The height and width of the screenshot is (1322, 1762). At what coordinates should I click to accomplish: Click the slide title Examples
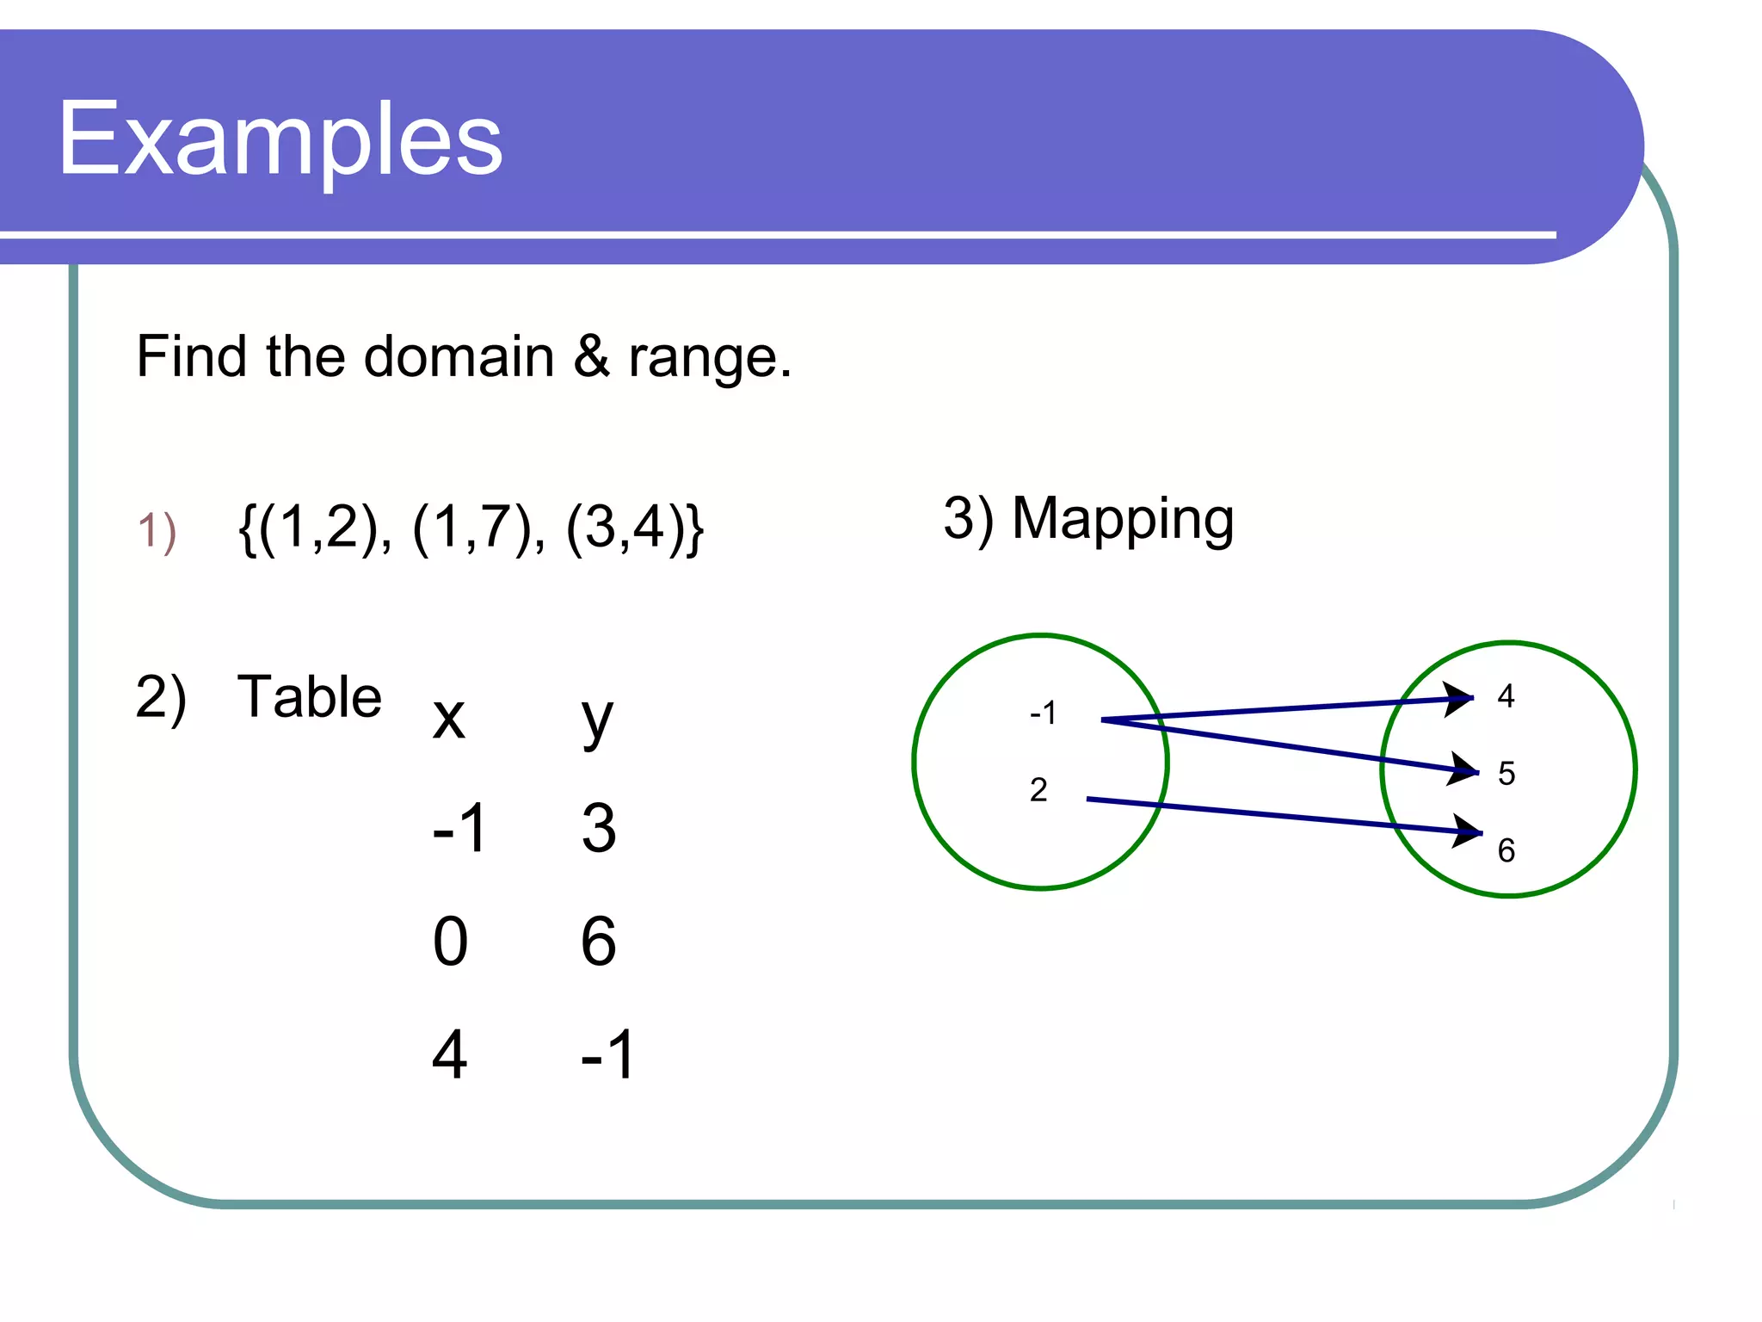280,139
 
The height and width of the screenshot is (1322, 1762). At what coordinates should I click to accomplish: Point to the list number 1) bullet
157,530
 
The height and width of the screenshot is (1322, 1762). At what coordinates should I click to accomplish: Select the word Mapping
1123,521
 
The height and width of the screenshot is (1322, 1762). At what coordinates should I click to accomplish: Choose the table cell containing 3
599,828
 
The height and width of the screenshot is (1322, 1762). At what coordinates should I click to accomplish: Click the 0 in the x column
450,942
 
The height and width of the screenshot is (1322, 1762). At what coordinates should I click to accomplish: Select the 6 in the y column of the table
599,942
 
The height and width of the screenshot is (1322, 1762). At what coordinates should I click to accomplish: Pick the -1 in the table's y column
607,1054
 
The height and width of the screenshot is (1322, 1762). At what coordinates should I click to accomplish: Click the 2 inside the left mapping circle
1038,789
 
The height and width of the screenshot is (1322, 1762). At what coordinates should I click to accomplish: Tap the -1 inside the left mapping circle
1043,713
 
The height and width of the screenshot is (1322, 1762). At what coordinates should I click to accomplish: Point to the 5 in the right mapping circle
1506,773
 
